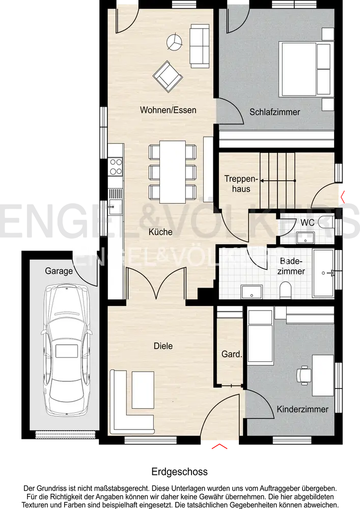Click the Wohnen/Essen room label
(168, 110)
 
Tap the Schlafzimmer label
(274, 112)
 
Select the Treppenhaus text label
(241, 184)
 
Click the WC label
(307, 222)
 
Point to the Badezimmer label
(291, 266)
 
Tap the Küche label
(160, 232)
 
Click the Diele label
(163, 346)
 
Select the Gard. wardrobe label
(232, 354)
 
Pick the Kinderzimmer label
(302, 409)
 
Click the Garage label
(59, 271)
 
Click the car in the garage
(67, 350)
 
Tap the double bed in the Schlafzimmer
(307, 69)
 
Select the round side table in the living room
(174, 42)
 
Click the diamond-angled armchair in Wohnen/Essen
(168, 77)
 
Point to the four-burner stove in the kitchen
(116, 166)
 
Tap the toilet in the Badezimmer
(286, 290)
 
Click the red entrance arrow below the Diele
(219, 446)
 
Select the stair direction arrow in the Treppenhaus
(278, 181)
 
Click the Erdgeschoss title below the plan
(180, 472)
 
